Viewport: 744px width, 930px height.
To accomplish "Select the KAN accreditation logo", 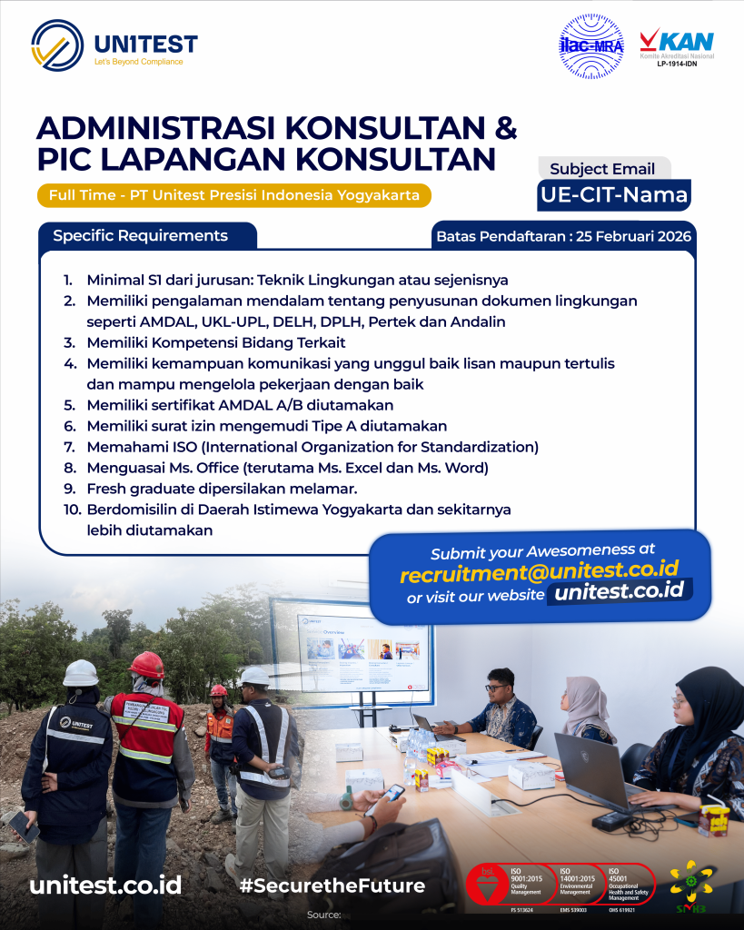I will [x=676, y=47].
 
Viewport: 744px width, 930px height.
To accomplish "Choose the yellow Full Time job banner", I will [x=234, y=195].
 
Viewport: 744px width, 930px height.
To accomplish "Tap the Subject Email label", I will [x=602, y=168].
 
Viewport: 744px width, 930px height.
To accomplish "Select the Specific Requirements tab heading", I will [x=140, y=236].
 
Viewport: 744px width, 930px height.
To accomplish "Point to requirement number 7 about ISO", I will [x=312, y=447].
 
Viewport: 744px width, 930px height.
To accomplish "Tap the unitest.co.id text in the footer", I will [x=105, y=885].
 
